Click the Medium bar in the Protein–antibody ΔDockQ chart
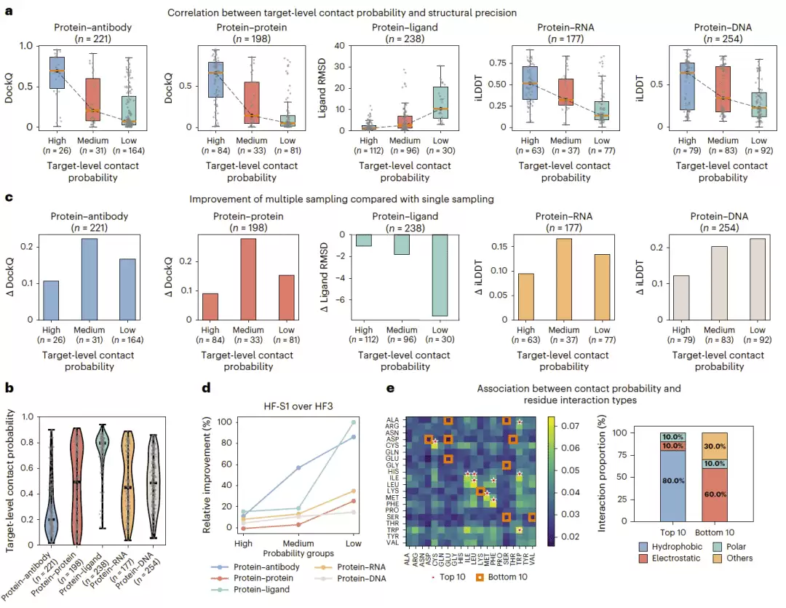click(x=90, y=279)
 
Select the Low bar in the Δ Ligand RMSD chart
click(x=440, y=275)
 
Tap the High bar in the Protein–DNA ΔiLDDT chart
click(x=680, y=298)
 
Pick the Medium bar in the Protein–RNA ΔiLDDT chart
click(x=564, y=279)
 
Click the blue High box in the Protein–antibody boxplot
click(x=57, y=73)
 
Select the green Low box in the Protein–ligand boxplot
click(x=440, y=103)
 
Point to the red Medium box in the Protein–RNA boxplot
click(x=566, y=92)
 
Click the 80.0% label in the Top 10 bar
click(x=672, y=481)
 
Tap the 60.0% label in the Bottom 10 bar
click(x=715, y=494)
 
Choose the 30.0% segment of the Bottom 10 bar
click(x=715, y=446)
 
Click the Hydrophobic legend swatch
click(x=643, y=547)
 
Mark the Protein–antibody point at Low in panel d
click(x=354, y=437)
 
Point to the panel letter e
click(x=391, y=388)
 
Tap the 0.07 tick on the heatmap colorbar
click(x=570, y=426)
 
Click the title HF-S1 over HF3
click(x=298, y=406)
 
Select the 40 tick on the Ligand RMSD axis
click(x=339, y=46)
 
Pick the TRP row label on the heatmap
click(x=392, y=530)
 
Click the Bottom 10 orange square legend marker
click(x=480, y=577)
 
